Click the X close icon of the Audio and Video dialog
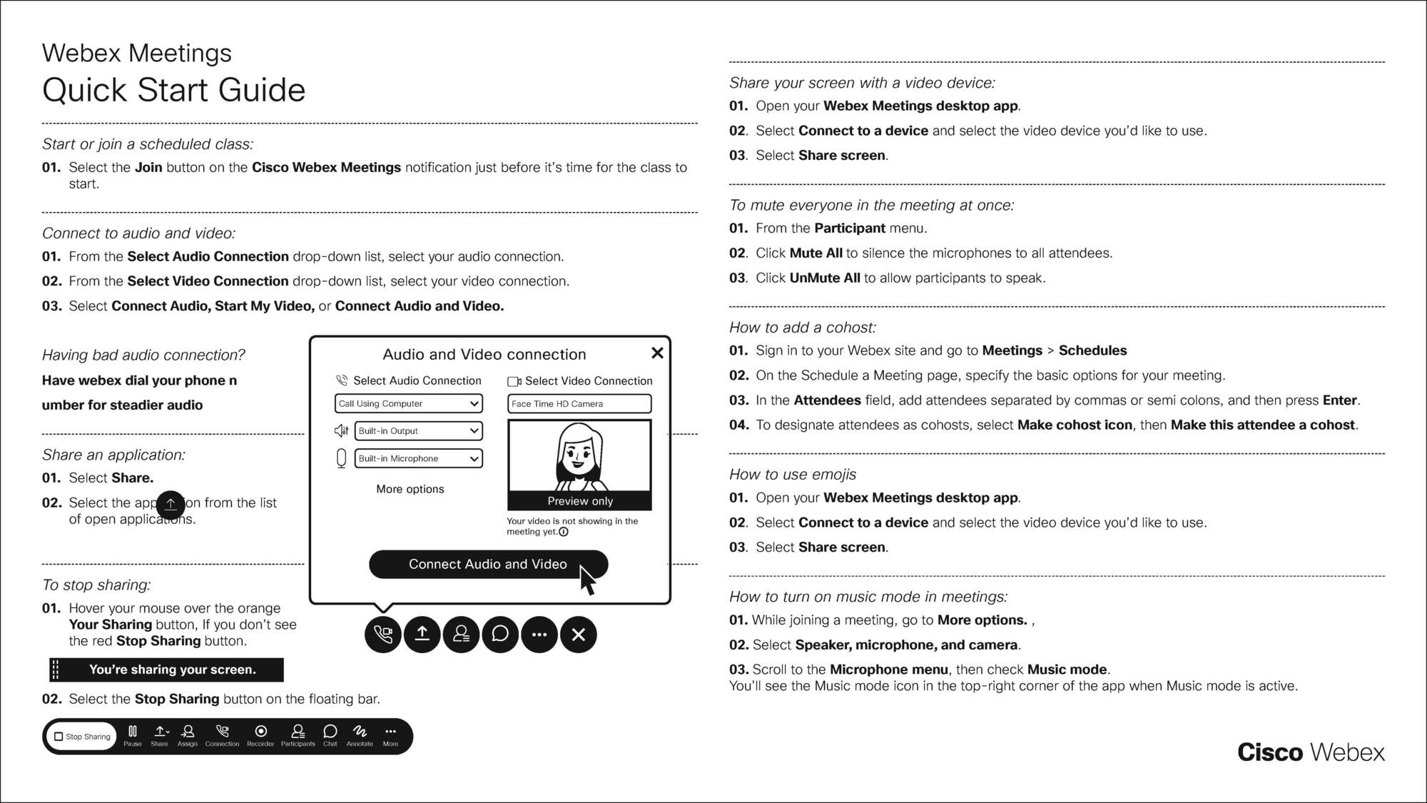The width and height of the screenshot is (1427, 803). [x=657, y=353]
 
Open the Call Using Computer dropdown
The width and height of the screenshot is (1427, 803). [x=408, y=403]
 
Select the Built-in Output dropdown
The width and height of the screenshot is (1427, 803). [x=418, y=430]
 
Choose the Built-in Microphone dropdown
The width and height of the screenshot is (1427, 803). [x=418, y=458]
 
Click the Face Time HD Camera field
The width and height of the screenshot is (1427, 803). [x=579, y=403]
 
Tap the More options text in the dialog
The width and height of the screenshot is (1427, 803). [x=410, y=489]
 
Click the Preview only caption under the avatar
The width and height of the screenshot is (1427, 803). [x=579, y=501]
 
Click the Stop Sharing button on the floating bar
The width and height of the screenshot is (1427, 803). [x=82, y=736]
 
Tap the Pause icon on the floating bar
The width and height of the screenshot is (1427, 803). [x=133, y=735]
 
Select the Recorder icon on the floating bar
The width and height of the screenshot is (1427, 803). [x=260, y=735]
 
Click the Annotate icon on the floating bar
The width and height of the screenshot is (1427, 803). [x=360, y=735]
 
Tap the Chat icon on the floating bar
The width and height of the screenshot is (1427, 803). [x=330, y=735]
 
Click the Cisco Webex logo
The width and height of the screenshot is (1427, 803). [x=1310, y=752]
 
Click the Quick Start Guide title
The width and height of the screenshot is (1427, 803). [x=173, y=91]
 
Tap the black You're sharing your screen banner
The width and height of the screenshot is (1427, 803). [x=167, y=670]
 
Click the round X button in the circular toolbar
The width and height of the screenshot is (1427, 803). [x=578, y=634]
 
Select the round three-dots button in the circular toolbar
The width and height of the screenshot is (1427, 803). [x=539, y=634]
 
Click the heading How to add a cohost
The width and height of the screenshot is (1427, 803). [x=802, y=328]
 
